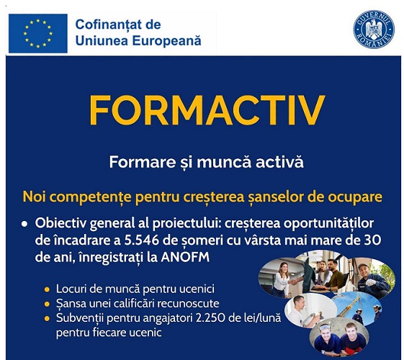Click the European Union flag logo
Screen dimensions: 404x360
pos(38,33)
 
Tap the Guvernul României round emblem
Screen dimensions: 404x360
pos(374,30)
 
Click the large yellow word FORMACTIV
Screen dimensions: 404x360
pos(207,110)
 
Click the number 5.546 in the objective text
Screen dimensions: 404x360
pos(141,240)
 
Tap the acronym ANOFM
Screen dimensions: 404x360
pos(185,257)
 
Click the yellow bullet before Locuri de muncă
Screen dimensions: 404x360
pos(47,289)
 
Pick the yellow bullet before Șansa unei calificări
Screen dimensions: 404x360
pos(47,304)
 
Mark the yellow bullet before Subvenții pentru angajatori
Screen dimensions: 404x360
pos(47,319)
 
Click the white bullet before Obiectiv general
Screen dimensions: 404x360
pos(24,224)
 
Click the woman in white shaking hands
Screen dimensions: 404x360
pos(281,279)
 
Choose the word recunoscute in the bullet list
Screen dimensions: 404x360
pos(188,304)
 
